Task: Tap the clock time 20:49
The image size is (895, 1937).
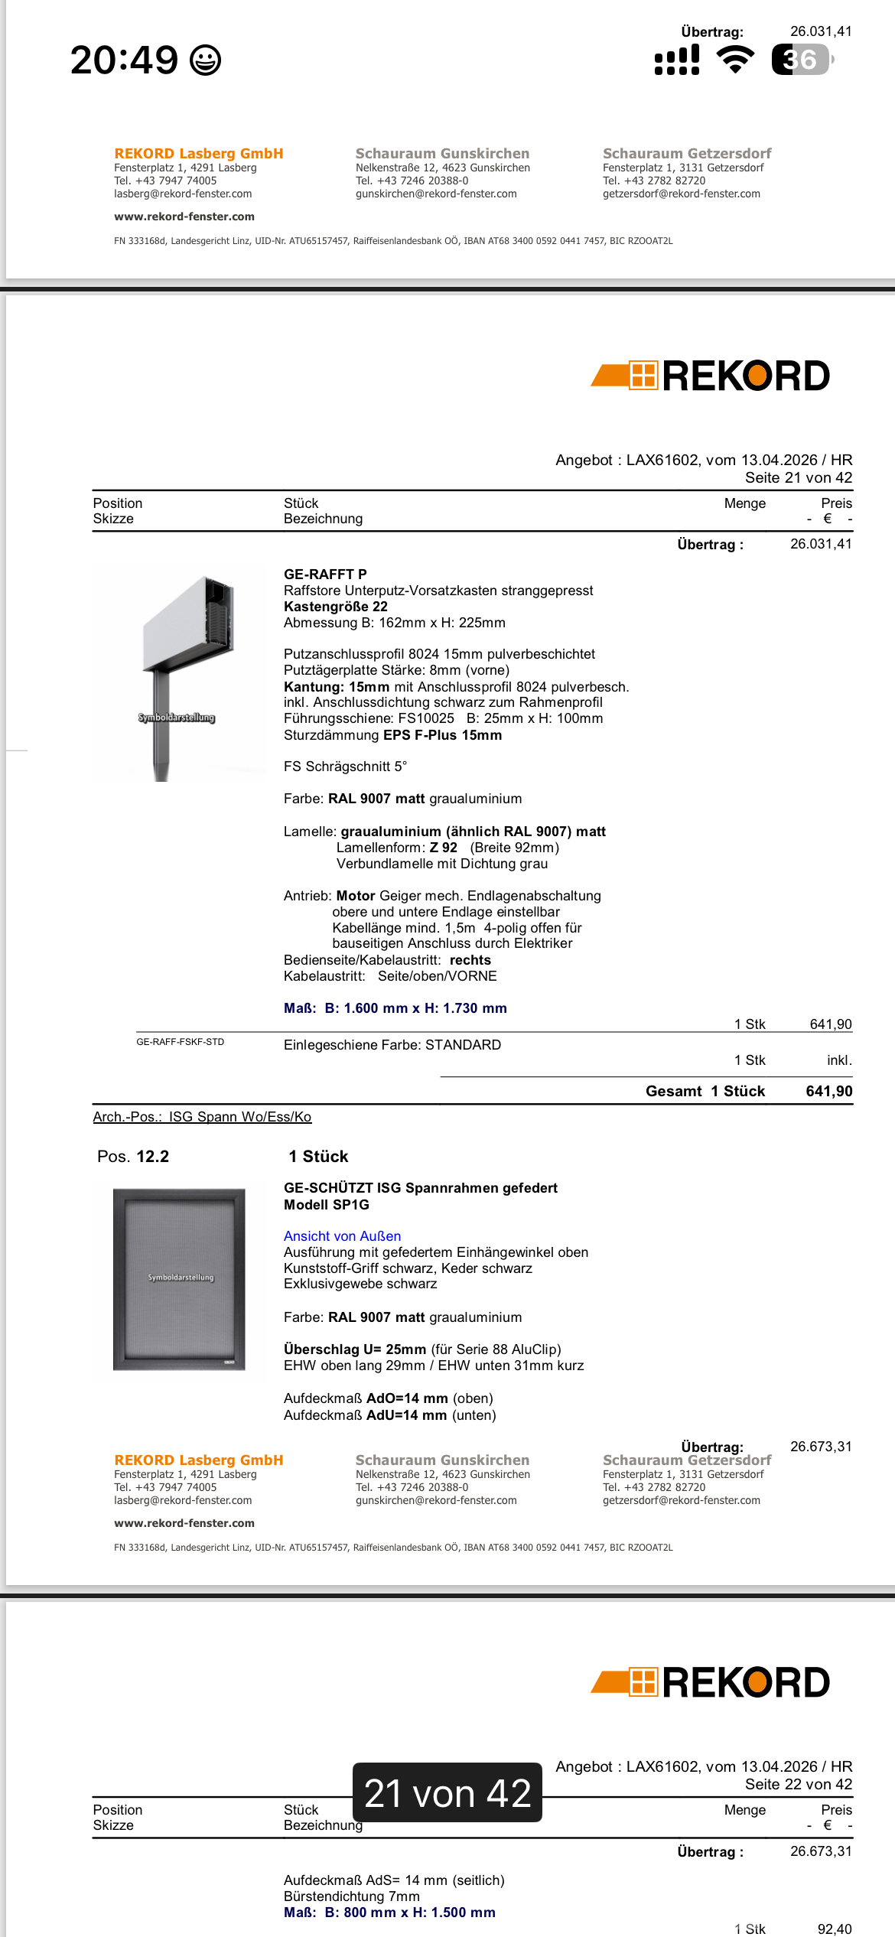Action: [124, 60]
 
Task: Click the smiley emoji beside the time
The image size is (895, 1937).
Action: [205, 60]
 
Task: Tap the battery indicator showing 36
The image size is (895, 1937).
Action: [801, 60]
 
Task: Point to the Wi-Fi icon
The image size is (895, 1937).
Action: [735, 60]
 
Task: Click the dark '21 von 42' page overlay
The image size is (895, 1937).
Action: [447, 1793]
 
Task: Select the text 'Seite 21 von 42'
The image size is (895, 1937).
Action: [798, 478]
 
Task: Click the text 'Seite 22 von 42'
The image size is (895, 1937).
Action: [798, 1785]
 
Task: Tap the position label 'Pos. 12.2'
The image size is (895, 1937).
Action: [133, 1157]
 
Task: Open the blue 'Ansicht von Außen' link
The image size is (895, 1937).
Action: [342, 1236]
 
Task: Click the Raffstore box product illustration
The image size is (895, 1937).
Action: [181, 673]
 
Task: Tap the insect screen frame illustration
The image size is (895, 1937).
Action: [180, 1279]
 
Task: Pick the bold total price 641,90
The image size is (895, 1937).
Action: [828, 1092]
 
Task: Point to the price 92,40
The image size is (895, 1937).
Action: [834, 1929]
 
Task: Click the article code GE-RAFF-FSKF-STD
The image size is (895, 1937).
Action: [181, 1042]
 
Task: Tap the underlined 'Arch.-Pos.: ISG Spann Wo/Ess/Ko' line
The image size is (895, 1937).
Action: [202, 1117]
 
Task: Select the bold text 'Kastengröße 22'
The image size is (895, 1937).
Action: [336, 607]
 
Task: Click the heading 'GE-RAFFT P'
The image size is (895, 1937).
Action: [325, 575]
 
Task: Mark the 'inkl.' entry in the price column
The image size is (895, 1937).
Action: [838, 1060]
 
